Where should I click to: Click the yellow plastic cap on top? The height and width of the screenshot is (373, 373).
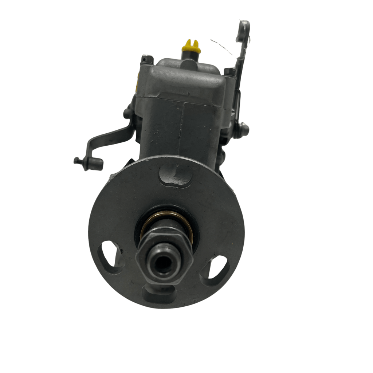[x=191, y=46]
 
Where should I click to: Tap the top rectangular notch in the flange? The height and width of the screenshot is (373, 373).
[x=175, y=175]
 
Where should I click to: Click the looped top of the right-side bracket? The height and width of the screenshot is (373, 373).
[x=243, y=31]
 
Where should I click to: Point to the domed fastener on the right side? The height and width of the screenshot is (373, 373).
[x=243, y=128]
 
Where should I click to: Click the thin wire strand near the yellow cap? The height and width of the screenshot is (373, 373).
[x=222, y=48]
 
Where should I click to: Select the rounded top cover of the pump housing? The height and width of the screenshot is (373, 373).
[x=186, y=80]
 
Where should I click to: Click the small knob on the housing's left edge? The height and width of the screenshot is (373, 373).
[x=127, y=113]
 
